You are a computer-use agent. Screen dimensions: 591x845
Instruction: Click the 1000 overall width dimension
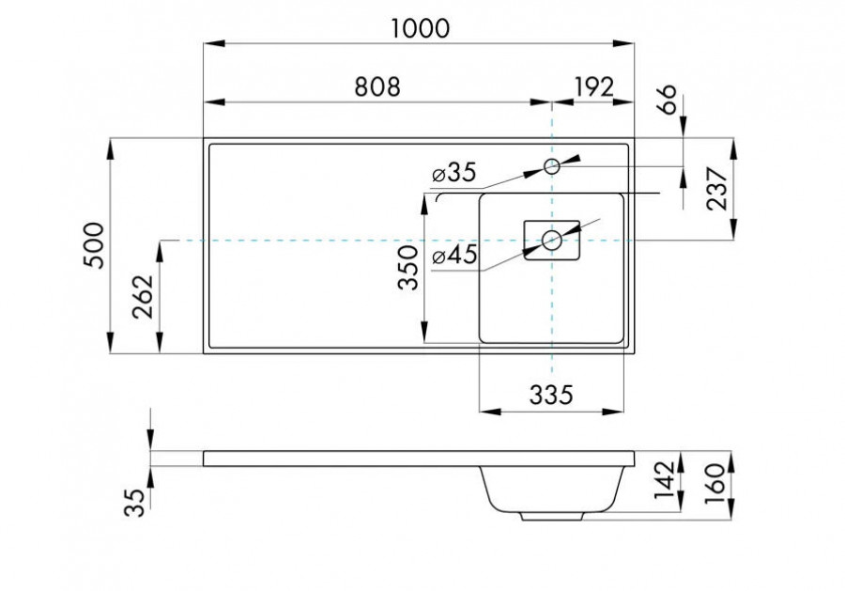(419, 28)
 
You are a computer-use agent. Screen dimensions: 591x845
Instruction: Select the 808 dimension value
(377, 86)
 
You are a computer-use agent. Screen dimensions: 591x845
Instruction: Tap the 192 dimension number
(593, 86)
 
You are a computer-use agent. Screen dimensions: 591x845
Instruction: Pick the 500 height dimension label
(95, 247)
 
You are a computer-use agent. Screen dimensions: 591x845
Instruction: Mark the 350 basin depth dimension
(407, 270)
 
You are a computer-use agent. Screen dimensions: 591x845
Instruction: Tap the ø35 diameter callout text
(455, 173)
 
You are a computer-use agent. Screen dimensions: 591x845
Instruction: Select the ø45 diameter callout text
(455, 255)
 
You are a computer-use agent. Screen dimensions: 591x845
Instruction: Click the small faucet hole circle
(552, 166)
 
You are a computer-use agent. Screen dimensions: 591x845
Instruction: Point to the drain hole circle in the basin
(552, 241)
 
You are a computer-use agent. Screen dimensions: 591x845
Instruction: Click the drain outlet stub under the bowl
(552, 516)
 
